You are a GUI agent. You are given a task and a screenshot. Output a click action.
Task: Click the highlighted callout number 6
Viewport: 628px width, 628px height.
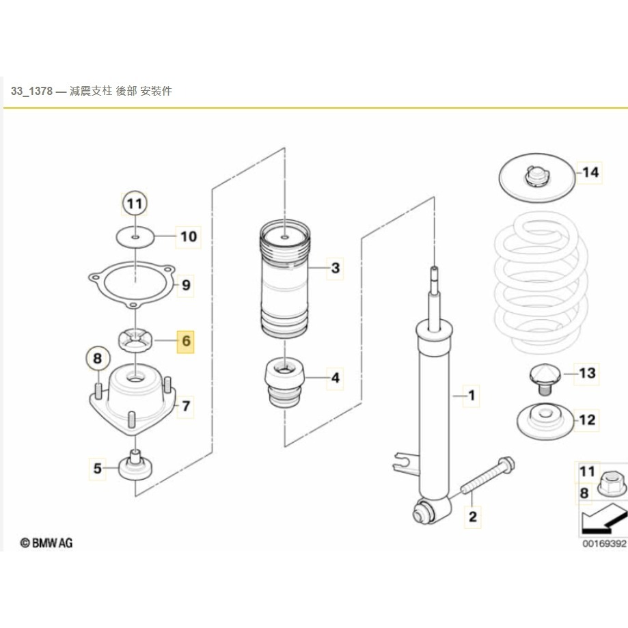[x=186, y=340]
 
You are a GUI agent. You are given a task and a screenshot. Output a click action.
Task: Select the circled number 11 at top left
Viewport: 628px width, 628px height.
[x=135, y=203]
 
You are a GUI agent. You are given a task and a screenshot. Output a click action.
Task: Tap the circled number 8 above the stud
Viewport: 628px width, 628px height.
[x=98, y=357]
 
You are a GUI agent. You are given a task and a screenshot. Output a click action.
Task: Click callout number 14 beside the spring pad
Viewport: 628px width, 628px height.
[x=590, y=172]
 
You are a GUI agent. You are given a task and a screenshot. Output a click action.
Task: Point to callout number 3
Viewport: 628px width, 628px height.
[x=335, y=268]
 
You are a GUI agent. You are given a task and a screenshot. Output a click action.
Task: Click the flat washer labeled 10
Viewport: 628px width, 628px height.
[x=135, y=236]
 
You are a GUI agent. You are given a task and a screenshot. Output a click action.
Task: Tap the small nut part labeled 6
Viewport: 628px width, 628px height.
[x=135, y=338]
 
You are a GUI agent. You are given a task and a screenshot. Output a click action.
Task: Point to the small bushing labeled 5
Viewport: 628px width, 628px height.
[x=135, y=467]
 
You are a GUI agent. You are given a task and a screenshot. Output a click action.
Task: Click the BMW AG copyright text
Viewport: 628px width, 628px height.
[x=46, y=543]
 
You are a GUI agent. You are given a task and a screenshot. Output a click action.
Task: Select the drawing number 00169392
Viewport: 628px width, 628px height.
[x=603, y=545]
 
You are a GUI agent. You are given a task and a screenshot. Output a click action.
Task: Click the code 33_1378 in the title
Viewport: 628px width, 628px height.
[x=32, y=91]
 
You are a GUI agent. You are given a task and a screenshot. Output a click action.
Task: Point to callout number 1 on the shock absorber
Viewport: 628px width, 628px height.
[x=470, y=394]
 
